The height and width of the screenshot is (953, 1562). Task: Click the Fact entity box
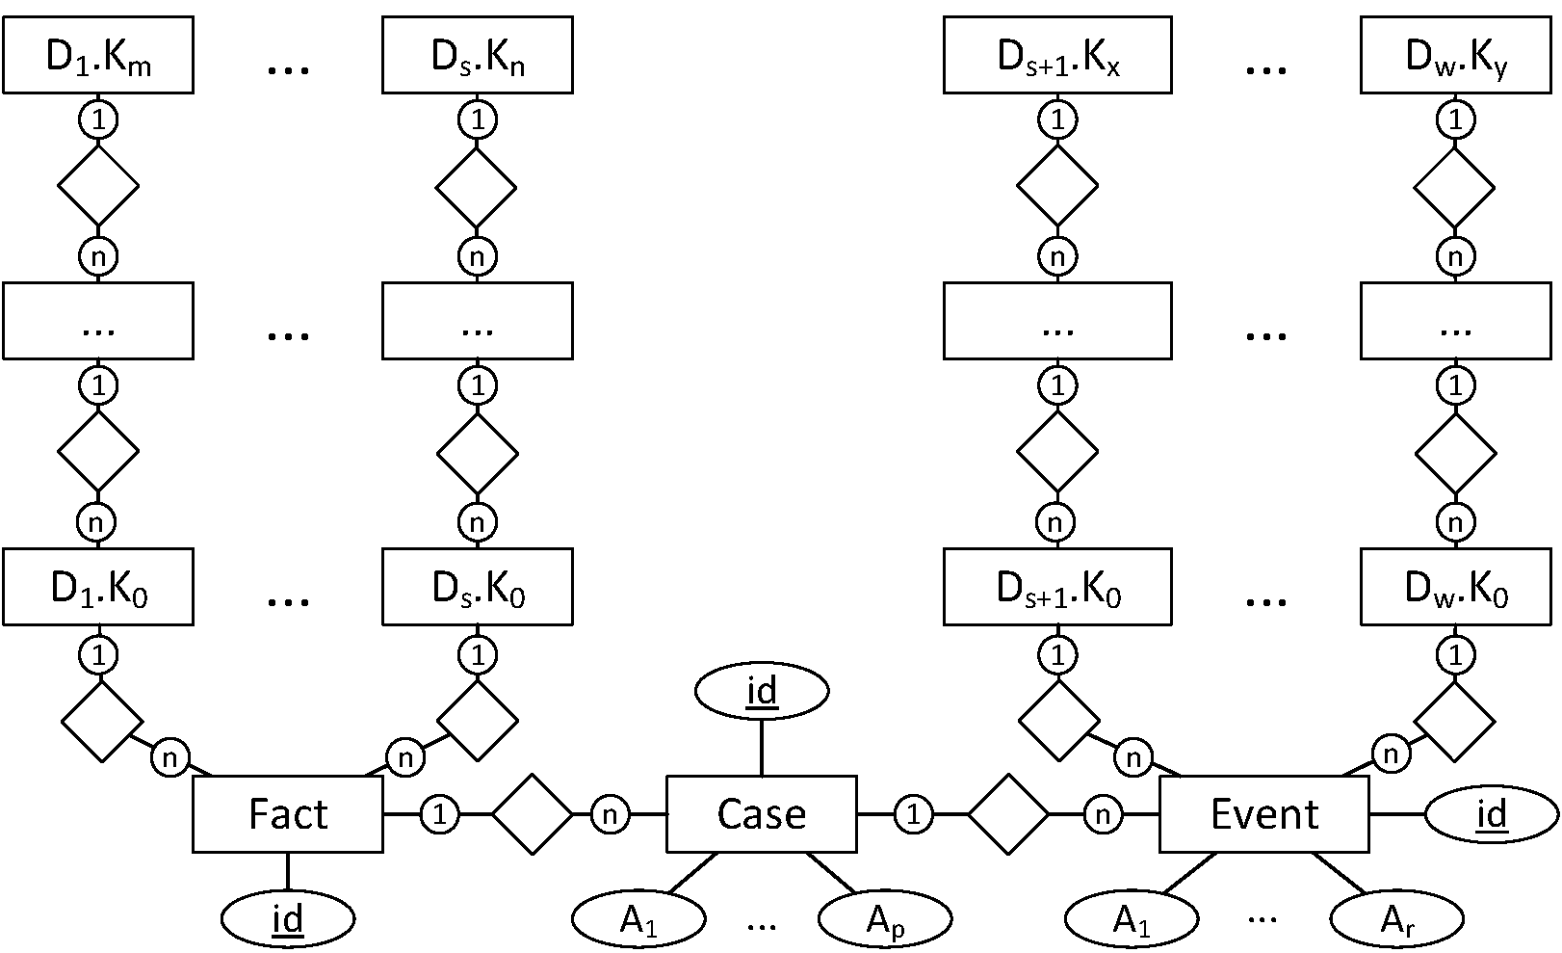287,814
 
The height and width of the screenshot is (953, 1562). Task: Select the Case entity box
761,814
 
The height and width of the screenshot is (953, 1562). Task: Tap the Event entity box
1263,814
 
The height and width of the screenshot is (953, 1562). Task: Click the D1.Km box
97,55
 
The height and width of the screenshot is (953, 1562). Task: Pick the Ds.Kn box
477,55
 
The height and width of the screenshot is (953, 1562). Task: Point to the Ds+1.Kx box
1056,55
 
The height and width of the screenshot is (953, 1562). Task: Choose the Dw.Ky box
1455,55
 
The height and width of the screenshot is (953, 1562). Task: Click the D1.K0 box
97,587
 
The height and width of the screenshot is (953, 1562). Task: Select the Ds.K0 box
477,587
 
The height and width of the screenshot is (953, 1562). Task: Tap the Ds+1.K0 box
1056,587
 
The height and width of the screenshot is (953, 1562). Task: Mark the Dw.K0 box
1455,587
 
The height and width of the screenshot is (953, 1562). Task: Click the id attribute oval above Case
761,691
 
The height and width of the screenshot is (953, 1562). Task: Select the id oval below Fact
287,919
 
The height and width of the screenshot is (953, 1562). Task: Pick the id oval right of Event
1491,814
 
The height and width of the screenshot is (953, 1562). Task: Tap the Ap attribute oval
884,919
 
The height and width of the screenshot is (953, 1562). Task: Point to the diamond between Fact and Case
532,814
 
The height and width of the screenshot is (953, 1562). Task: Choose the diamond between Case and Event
1007,814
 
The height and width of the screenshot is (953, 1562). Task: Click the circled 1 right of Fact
439,814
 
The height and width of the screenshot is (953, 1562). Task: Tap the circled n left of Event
1102,815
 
